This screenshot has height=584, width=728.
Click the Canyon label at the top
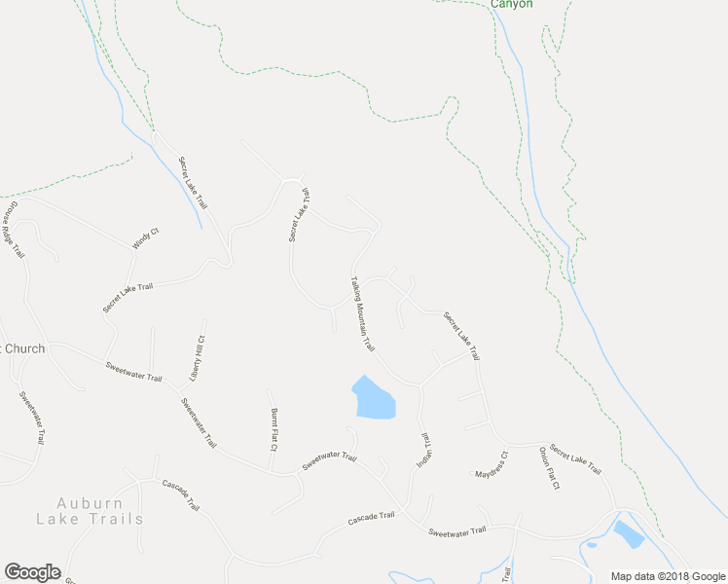pyautogui.click(x=511, y=4)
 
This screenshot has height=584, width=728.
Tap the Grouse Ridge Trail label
pyautogui.click(x=13, y=230)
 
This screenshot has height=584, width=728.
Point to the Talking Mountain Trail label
pyautogui.click(x=362, y=313)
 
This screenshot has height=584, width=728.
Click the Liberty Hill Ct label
pyautogui.click(x=198, y=357)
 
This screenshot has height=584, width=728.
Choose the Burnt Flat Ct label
pyautogui.click(x=274, y=429)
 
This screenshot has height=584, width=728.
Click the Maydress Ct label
pyautogui.click(x=491, y=465)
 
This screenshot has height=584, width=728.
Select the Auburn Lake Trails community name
pyautogui.click(x=90, y=511)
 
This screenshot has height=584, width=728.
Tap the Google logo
pyautogui.click(x=31, y=572)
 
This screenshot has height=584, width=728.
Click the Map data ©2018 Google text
pyautogui.click(x=667, y=575)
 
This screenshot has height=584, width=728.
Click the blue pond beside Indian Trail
pyautogui.click(x=373, y=398)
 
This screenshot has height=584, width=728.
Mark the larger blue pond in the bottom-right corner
pyautogui.click(x=628, y=533)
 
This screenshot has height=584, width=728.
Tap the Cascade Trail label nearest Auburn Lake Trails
pyautogui.click(x=181, y=494)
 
